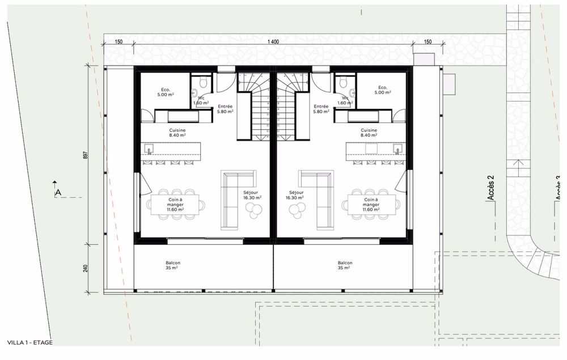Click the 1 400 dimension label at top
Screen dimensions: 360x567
(273, 41)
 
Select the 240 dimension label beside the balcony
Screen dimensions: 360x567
(86, 268)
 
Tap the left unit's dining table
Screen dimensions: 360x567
(175, 204)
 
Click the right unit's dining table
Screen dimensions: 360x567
(372, 204)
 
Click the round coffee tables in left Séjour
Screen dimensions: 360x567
(253, 211)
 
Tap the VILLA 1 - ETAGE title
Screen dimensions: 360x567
(29, 342)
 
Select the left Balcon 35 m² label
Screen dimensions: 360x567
(174, 265)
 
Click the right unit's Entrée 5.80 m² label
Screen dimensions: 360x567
(321, 109)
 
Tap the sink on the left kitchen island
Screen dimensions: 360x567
(150, 150)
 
